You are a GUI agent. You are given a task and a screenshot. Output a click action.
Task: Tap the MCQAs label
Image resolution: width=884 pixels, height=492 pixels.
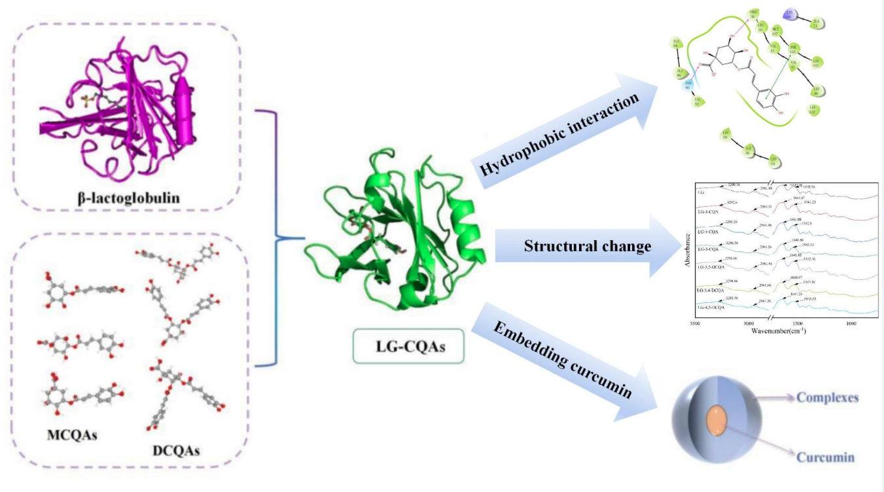(x=72, y=435)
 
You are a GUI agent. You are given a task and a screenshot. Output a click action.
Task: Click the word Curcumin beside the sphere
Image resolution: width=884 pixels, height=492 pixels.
(x=826, y=457)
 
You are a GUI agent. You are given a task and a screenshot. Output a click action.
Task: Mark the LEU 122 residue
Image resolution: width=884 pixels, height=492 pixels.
(x=814, y=110)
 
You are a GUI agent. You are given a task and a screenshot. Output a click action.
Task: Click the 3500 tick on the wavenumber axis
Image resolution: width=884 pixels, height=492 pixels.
(x=695, y=323)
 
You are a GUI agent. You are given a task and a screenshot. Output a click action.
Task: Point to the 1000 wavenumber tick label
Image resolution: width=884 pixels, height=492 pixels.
(x=851, y=323)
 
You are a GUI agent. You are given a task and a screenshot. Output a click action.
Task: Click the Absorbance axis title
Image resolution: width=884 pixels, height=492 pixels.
(x=686, y=251)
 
